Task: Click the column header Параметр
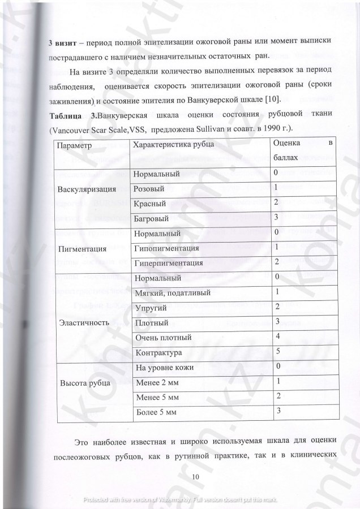tap(75, 145)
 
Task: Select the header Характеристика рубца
tap(173, 145)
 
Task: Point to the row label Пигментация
tap(83, 248)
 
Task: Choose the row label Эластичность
tap(84, 323)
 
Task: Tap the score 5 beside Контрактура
tap(276, 351)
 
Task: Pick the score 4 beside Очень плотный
tap(276, 336)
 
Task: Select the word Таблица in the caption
tap(66, 115)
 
